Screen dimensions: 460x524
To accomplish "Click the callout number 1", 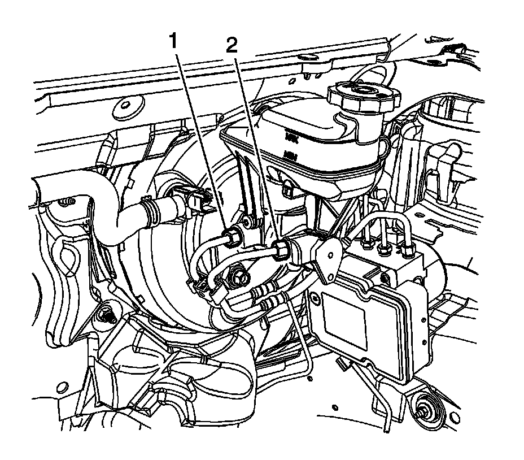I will [176, 41].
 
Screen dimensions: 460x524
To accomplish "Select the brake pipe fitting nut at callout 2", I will [281, 249].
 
